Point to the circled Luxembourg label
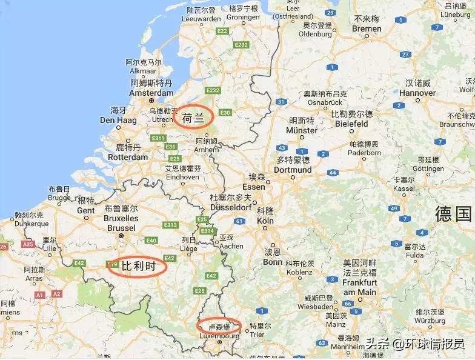219,327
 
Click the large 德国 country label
453,213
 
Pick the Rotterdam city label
127,157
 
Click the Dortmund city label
293,170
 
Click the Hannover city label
418,93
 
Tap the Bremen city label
367,28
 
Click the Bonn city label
273,262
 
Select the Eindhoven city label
182,177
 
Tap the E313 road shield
171,225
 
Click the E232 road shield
241,45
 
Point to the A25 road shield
28,244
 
